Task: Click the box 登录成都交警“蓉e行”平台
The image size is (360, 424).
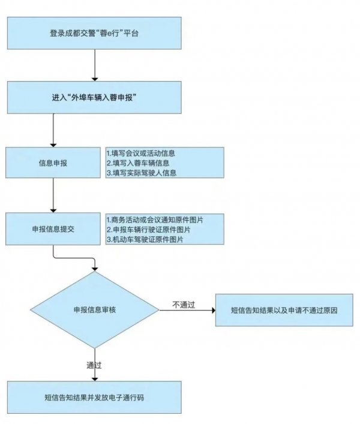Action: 94,32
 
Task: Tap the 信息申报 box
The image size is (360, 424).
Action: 53,162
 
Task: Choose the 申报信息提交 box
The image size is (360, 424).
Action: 53,228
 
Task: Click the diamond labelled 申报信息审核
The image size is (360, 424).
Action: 95,310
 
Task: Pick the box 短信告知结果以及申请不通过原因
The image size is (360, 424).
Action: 284,311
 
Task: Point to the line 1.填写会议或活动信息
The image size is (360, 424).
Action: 140,153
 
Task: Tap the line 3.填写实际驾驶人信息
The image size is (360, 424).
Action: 142,172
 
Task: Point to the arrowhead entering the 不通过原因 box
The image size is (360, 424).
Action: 212,311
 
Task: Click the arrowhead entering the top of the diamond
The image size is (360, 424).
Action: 95,267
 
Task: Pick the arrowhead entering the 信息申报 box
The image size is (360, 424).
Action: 53,143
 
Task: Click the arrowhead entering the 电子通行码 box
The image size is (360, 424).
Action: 95,377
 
